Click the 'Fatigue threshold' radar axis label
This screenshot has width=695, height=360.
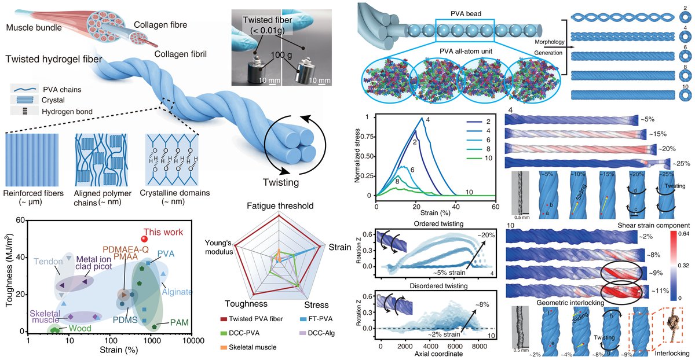280,205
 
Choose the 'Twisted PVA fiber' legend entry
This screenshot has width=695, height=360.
256,319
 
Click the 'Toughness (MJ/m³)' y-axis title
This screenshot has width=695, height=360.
9,275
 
